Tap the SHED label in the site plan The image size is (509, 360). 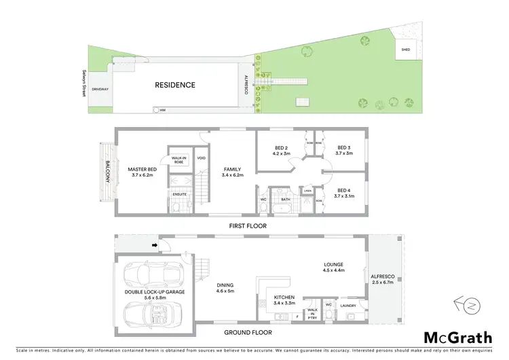pos(405,50)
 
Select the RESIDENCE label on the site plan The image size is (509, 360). pos(175,85)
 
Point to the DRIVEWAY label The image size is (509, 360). pos(100,89)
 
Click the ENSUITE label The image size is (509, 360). pos(178,194)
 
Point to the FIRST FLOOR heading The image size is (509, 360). pos(247,226)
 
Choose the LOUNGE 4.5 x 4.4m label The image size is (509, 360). pos(333,268)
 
